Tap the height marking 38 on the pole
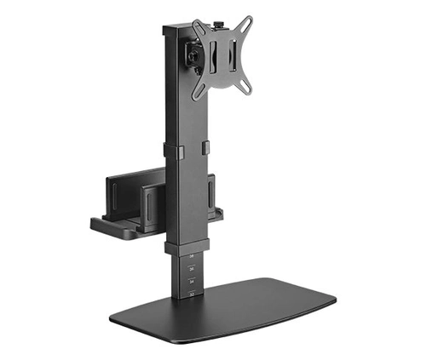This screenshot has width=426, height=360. point(192,256)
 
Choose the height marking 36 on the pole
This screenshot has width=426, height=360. point(192,268)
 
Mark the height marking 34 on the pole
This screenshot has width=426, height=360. point(192,281)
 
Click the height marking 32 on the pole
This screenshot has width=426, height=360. point(192,294)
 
